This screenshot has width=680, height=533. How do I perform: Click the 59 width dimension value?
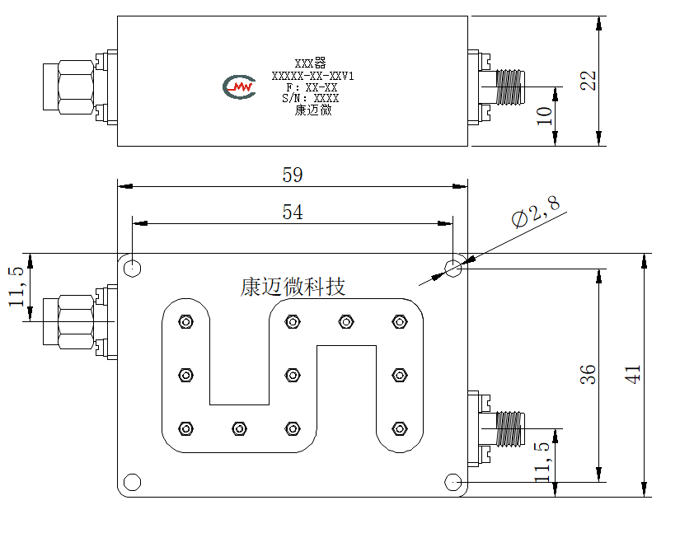pyautogui.click(x=293, y=175)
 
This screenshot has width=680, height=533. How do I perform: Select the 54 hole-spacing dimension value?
pyautogui.click(x=293, y=213)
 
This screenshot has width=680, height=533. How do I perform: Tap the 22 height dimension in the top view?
pyautogui.click(x=588, y=80)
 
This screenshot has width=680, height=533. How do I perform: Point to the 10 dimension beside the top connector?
pyautogui.click(x=544, y=115)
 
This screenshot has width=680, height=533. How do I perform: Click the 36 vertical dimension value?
pyautogui.click(x=588, y=374)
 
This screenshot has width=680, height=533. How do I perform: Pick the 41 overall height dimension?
pyautogui.click(x=632, y=374)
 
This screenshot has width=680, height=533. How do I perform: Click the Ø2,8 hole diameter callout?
pyautogui.click(x=536, y=212)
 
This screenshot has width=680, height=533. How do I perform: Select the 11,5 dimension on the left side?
pyautogui.click(x=16, y=287)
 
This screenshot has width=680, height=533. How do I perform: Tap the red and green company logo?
pyautogui.click(x=239, y=86)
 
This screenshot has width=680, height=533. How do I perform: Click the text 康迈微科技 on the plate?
pyautogui.click(x=293, y=287)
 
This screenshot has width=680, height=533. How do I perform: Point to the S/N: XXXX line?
pyautogui.click(x=310, y=98)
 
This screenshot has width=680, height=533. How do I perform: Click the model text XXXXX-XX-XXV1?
pyautogui.click(x=312, y=77)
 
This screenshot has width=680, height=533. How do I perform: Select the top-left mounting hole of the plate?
pyautogui.click(x=132, y=269)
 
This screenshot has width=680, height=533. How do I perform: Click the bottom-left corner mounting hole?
pyautogui.click(x=132, y=482)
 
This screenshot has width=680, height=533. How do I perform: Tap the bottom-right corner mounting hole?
pyautogui.click(x=453, y=482)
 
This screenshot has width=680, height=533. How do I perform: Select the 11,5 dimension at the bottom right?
pyautogui.click(x=543, y=462)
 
